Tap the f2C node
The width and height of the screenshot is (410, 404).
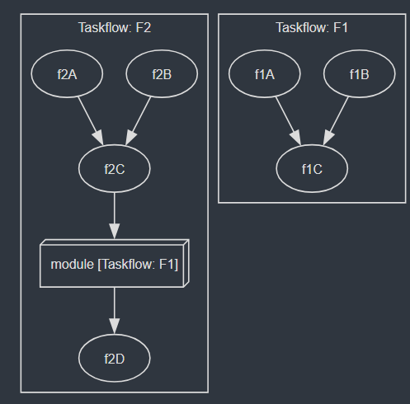114,169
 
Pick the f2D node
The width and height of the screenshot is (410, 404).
114,359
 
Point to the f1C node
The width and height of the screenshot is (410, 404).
312,169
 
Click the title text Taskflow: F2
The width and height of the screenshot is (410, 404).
114,27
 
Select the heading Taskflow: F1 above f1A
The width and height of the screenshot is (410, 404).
312,27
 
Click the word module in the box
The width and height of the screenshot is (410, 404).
72,265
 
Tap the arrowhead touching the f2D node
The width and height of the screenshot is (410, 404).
114,329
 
